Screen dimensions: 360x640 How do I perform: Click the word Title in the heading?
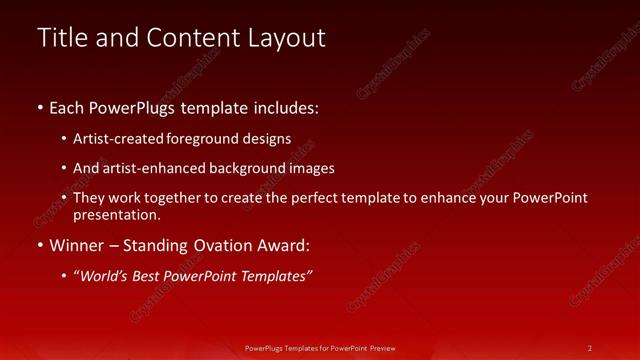tap(61, 38)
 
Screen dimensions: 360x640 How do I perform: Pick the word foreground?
tap(206, 139)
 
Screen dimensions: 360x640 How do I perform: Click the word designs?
tap(268, 139)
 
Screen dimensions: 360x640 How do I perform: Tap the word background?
tap(249, 168)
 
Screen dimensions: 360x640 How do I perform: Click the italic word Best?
tap(152, 276)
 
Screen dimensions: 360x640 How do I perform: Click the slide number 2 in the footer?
tap(590, 347)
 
